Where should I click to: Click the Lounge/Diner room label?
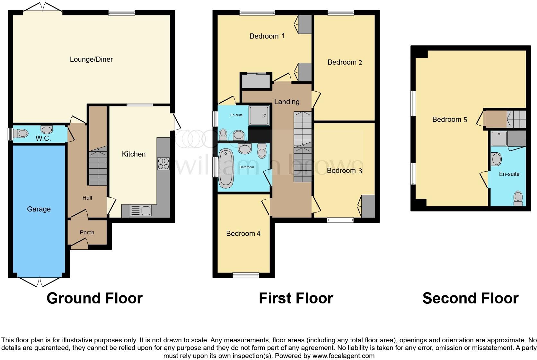point(91,59)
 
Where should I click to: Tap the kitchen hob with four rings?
point(163,164)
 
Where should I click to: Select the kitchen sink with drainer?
point(140,211)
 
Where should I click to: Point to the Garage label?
point(39,209)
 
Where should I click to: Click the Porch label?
point(87,232)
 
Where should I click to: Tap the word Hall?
point(87,198)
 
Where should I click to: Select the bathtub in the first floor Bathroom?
point(226,168)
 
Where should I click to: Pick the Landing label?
point(286,102)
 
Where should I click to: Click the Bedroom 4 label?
point(243,233)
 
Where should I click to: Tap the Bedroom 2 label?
point(345,62)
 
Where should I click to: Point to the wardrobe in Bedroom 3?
point(368,206)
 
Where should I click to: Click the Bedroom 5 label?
point(449,120)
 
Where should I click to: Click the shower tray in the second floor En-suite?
point(499,139)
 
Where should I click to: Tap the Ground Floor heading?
point(94,298)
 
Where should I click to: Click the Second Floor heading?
point(470,298)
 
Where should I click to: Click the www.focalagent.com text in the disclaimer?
point(343,356)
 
